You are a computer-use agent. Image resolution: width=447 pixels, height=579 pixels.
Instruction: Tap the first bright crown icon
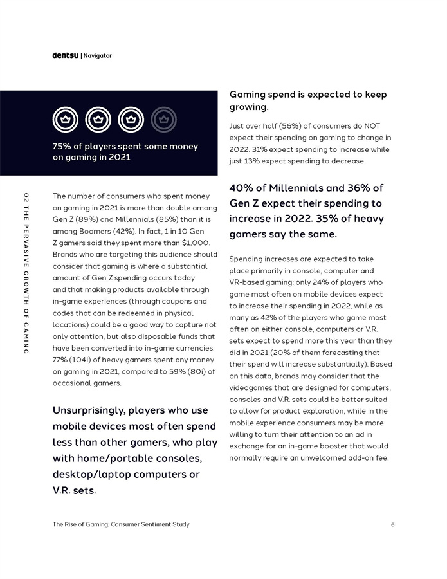pos(65,119)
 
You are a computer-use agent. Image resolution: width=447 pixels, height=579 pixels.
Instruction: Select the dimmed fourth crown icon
pos(163,119)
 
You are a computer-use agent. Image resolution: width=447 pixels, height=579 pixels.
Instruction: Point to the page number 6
pos(392,524)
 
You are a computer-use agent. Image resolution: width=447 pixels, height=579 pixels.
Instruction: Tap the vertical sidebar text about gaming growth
pos(25,273)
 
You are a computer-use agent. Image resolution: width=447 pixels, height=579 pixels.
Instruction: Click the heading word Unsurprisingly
pos(89,410)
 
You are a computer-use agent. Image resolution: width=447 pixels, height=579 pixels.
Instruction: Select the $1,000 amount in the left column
pos(196,243)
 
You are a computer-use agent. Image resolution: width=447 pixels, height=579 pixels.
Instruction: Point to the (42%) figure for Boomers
pos(118,231)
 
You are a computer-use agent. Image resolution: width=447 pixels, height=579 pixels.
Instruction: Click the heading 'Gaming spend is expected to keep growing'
pos(308,100)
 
